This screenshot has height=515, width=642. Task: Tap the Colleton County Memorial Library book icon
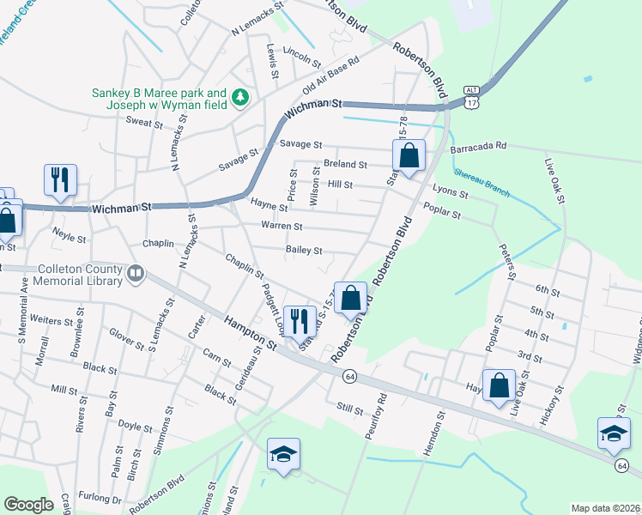pyautogui.click(x=135, y=274)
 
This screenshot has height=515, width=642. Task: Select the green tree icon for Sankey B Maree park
pyautogui.click(x=242, y=96)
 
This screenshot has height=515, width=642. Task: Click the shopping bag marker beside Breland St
pyautogui.click(x=409, y=157)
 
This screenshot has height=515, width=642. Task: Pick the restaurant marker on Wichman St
pyautogui.click(x=60, y=180)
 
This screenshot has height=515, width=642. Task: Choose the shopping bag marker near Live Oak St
pyautogui.click(x=499, y=385)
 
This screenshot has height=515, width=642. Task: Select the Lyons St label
pyautogui.click(x=451, y=193)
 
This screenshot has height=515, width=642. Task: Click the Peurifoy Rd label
pyautogui.click(x=375, y=415)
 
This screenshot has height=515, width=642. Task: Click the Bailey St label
pyautogui.click(x=304, y=251)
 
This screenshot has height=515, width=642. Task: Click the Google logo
pyautogui.click(x=28, y=505)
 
